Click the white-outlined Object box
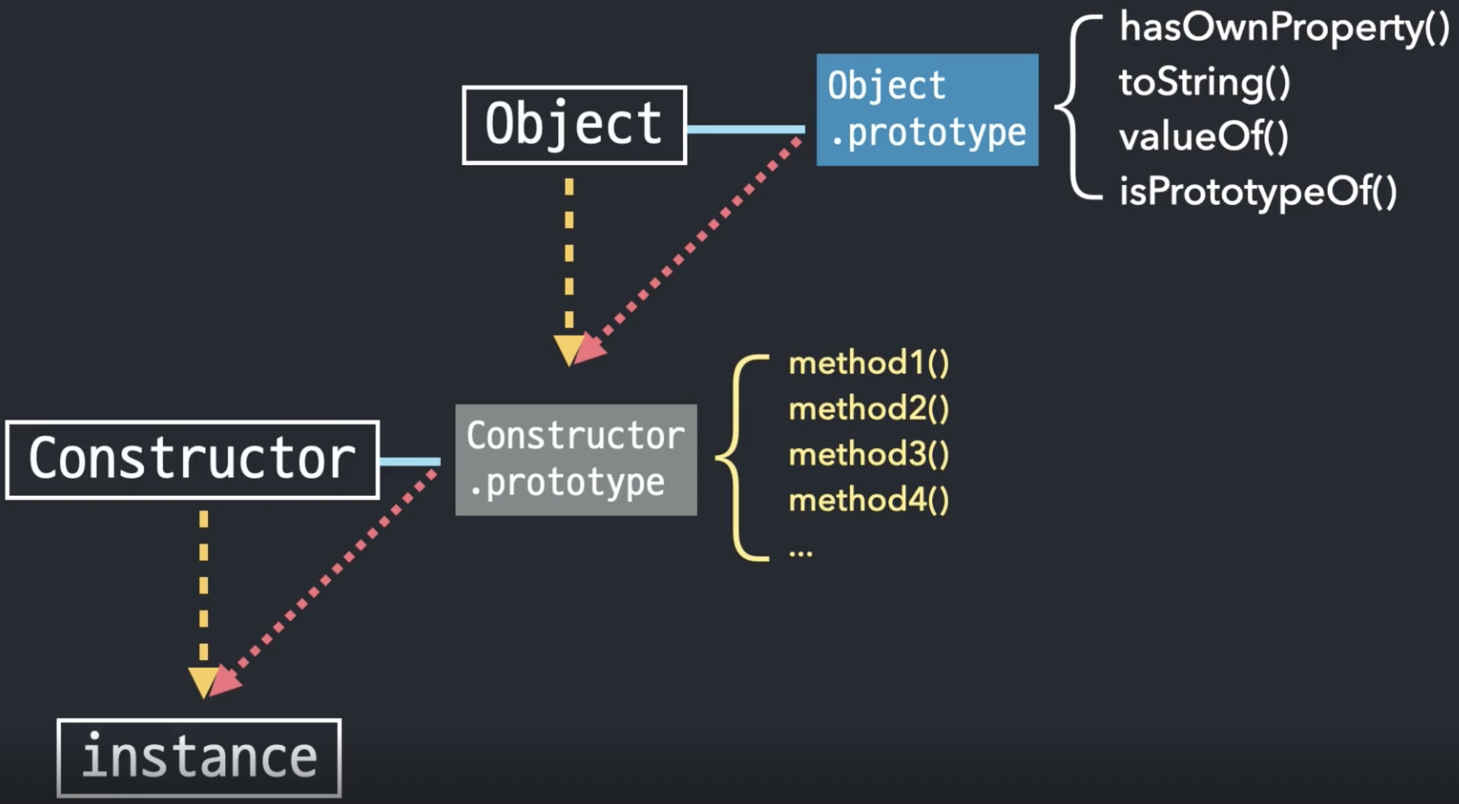[574, 125]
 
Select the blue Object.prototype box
[927, 110]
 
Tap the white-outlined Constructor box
[192, 460]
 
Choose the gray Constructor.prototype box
[576, 460]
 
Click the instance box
[199, 758]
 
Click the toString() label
[1204, 82]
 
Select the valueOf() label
[1203, 137]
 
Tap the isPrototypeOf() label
[1257, 192]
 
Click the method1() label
[868, 363]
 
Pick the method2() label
[868, 409]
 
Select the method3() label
[868, 455]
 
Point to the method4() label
[868, 500]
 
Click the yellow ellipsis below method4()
[800, 553]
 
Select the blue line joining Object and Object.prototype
[745, 129]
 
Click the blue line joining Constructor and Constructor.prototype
[410, 462]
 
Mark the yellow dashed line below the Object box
[569, 255]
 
